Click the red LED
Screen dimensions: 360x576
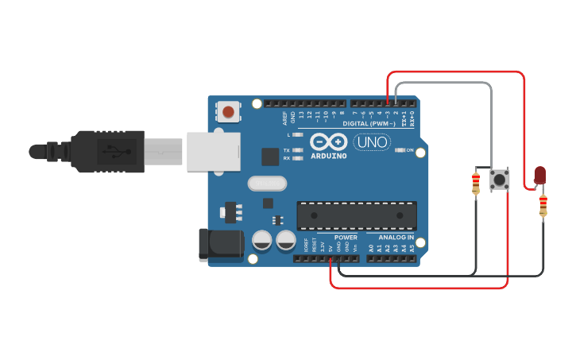coord(540,175)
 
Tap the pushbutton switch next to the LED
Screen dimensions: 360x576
coord(500,180)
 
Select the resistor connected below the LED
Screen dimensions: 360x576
coord(543,206)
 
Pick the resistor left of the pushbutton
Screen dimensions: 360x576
coord(476,184)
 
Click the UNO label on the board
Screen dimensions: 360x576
coord(371,142)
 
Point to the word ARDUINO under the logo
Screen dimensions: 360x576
coord(329,156)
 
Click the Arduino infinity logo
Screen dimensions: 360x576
coord(329,142)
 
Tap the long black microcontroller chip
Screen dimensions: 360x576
coord(357,215)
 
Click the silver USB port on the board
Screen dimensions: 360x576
coord(213,151)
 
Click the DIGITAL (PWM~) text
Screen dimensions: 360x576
coord(369,124)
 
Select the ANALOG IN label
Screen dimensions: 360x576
coord(395,237)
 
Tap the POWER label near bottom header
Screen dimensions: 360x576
coord(346,237)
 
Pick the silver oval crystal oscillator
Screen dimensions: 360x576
coord(267,184)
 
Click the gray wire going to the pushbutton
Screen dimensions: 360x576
coord(491,119)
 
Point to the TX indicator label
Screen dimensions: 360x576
coord(286,149)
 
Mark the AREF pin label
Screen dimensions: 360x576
coord(284,118)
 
